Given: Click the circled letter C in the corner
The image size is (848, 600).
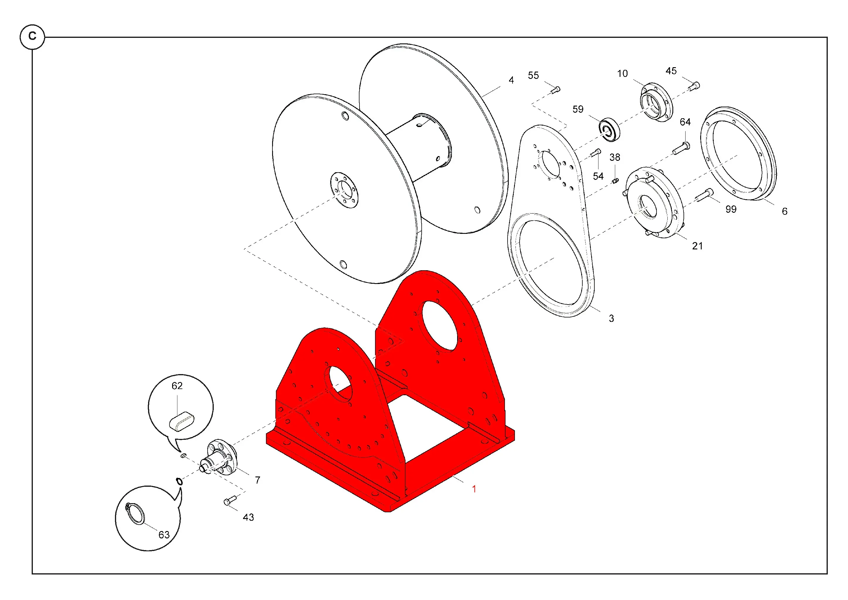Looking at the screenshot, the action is [32, 37].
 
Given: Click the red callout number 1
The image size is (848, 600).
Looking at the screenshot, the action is [474, 489].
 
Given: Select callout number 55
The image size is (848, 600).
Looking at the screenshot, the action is [533, 75].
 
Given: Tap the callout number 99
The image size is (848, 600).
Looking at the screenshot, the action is [731, 209].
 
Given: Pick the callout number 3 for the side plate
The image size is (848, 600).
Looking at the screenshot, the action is [611, 318].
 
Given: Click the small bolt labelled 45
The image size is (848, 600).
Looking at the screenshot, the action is [694, 86].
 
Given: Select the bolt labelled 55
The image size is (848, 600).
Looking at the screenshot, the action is [555, 89].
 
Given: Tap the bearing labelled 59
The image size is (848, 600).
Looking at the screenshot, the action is [609, 129].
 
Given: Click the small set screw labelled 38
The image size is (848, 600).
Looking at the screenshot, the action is [615, 181].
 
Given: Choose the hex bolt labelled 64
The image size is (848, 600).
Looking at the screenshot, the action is [681, 148].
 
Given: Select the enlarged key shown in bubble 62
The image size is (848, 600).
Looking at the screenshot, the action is [181, 421].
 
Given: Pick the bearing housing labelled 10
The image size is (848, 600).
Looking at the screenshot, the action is [656, 102].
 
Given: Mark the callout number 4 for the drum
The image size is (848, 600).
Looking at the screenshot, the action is [511, 80].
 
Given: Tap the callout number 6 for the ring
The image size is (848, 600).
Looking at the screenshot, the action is [784, 211].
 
